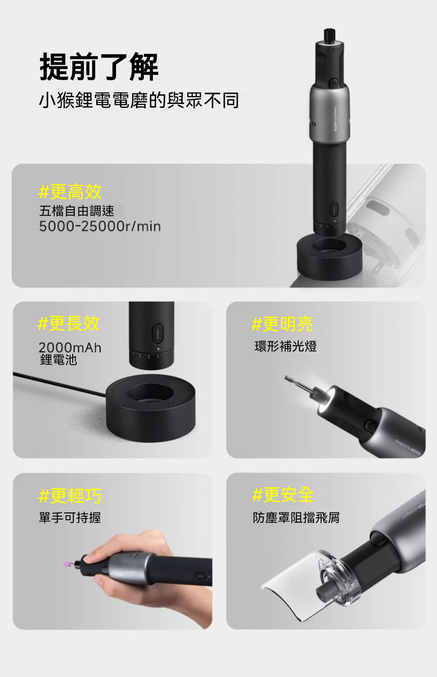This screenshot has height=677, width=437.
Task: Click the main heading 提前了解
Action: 99,67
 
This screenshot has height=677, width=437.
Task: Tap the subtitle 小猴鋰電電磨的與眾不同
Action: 139,100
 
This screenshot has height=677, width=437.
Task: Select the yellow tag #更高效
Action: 70,192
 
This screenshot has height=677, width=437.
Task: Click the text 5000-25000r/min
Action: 100,226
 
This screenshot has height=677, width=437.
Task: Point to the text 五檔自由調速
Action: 77,211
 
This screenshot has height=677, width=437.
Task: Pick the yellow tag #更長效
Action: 69,323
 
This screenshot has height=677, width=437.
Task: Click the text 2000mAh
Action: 70,348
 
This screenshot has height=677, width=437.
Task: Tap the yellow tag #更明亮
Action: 282,324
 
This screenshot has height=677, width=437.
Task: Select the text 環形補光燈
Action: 286,346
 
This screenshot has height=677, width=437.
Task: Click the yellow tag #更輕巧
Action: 70,495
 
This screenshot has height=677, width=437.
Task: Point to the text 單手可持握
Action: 70,518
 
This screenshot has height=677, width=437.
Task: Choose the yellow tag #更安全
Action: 283,494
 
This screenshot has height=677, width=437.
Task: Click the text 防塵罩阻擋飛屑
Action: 296,518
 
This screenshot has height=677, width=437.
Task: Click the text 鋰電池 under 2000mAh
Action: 59,360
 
